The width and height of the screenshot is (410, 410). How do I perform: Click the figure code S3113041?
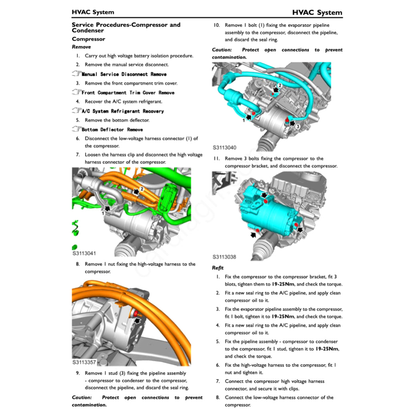pyautogui.click(x=84, y=253)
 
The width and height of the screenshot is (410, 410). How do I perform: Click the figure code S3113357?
pyautogui.click(x=84, y=362)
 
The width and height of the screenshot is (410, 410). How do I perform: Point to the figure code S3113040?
pyautogui.click(x=224, y=147)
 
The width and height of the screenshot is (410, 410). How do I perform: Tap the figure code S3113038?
pyautogui.click(x=224, y=257)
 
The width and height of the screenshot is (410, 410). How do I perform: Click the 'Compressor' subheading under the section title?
pyautogui.click(x=88, y=39)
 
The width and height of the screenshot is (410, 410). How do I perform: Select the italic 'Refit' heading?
pyautogui.click(x=218, y=268)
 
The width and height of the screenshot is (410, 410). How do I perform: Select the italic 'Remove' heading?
pyautogui.click(x=81, y=47)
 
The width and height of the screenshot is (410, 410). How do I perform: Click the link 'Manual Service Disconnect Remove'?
pyautogui.click(x=124, y=74)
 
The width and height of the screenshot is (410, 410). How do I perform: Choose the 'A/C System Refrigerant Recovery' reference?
pyautogui.click(x=123, y=111)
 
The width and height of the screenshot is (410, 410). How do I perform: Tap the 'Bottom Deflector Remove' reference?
pyautogui.click(x=112, y=129)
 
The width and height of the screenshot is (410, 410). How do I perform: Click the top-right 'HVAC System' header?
pyautogui.click(x=317, y=12)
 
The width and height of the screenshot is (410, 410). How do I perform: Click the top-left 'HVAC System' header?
pyautogui.click(x=93, y=12)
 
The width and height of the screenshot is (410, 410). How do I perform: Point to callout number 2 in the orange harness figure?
pyautogui.click(x=141, y=189)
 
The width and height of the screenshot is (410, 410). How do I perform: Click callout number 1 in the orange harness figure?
pyautogui.click(x=103, y=214)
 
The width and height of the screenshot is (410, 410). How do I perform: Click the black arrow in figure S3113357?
pyautogui.click(x=138, y=320)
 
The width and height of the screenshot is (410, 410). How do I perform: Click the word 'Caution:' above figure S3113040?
pyautogui.click(x=222, y=50)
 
